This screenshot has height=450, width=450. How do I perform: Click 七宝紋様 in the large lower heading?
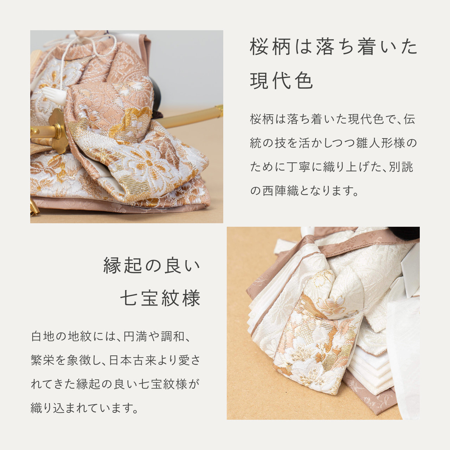coord(160,298)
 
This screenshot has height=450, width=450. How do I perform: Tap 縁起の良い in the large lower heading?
coord(152,265)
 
